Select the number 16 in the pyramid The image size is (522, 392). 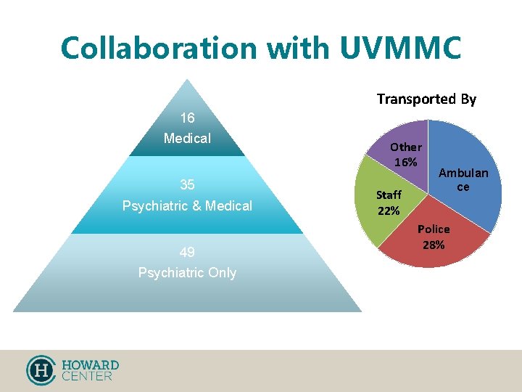pos(187,118)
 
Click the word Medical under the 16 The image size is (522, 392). pos(187,138)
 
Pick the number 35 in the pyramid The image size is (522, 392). pos(187,185)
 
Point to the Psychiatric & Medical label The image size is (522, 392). pos(187,206)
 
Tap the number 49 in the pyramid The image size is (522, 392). pos(187,253)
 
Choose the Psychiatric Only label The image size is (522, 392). pos(187,273)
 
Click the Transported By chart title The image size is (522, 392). pos(426,99)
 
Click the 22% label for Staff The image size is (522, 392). pos(389,211)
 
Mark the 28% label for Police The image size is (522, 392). pos(434,245)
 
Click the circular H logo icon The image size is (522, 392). pos(41,369)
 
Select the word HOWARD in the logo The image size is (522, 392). pos(90,364)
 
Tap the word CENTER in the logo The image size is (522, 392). pos(87,376)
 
